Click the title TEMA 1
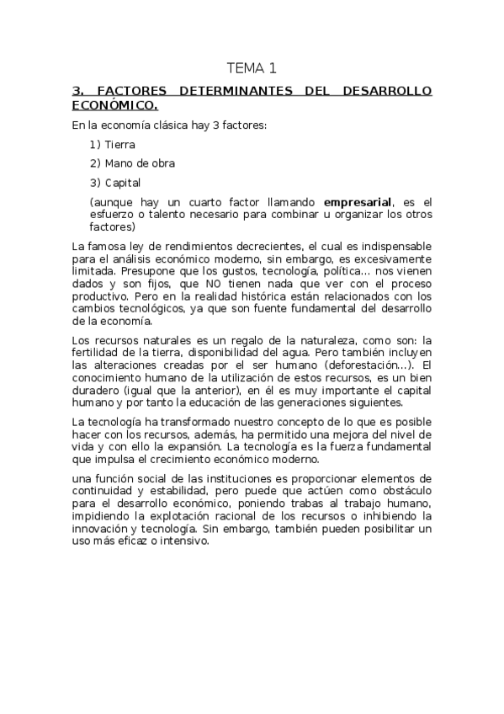252,67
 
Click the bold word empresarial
358,202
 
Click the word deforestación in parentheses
372,364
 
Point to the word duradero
97,390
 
